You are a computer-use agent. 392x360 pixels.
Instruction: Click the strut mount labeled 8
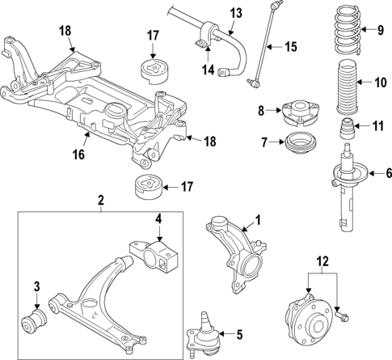click(x=295, y=112)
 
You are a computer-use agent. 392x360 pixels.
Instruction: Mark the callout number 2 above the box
click(x=100, y=199)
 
